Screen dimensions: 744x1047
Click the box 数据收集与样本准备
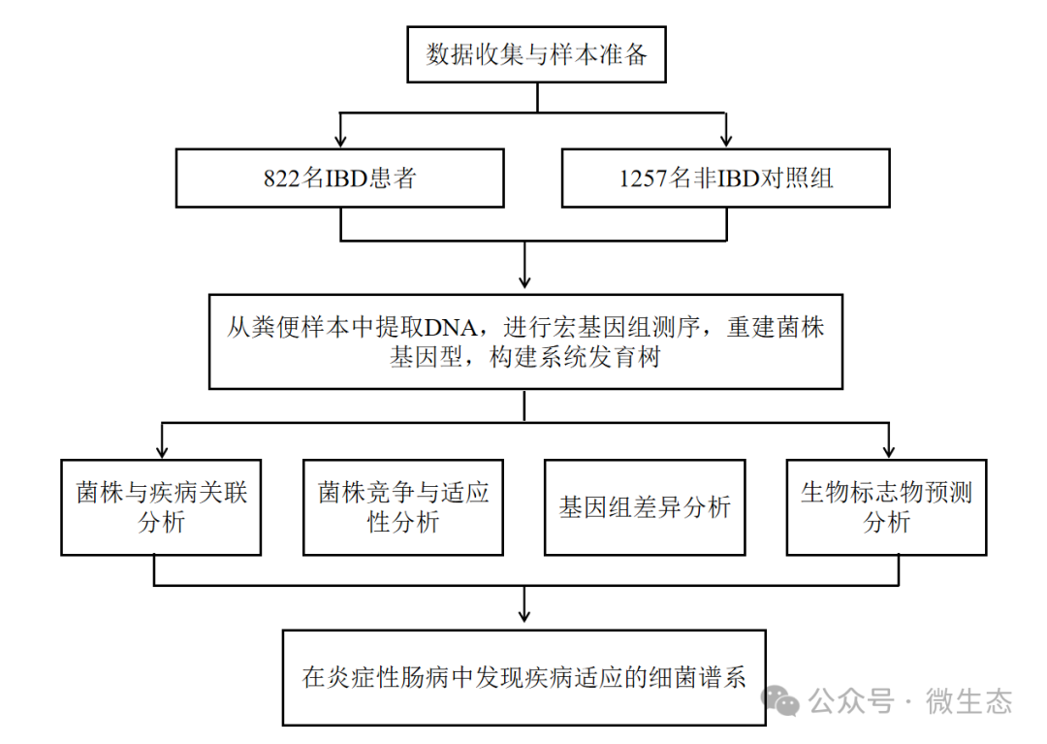click(537, 54)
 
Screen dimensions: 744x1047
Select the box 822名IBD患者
click(339, 178)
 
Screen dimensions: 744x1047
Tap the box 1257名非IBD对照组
click(726, 178)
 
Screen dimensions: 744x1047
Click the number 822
click(281, 178)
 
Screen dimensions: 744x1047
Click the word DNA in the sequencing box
click(451, 328)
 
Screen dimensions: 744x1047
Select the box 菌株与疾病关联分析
click(161, 506)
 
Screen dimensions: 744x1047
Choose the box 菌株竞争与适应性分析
click(403, 506)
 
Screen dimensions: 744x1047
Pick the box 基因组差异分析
click(645, 506)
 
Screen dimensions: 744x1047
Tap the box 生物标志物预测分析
click(886, 506)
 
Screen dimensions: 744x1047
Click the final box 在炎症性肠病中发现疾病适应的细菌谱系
click(524, 677)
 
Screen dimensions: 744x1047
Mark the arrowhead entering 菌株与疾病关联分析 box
click(161, 451)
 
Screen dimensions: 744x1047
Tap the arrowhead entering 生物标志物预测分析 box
click(887, 451)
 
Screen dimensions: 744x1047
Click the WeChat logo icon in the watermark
click(781, 700)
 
